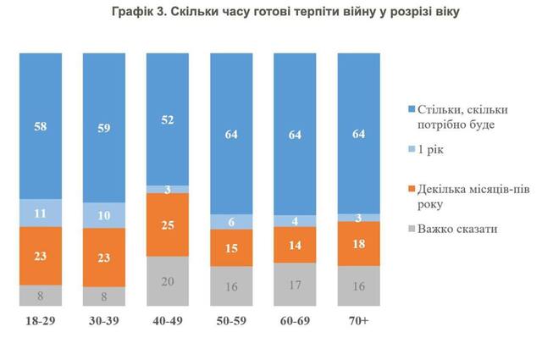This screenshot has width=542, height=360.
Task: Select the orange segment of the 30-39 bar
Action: pos(102,257)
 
